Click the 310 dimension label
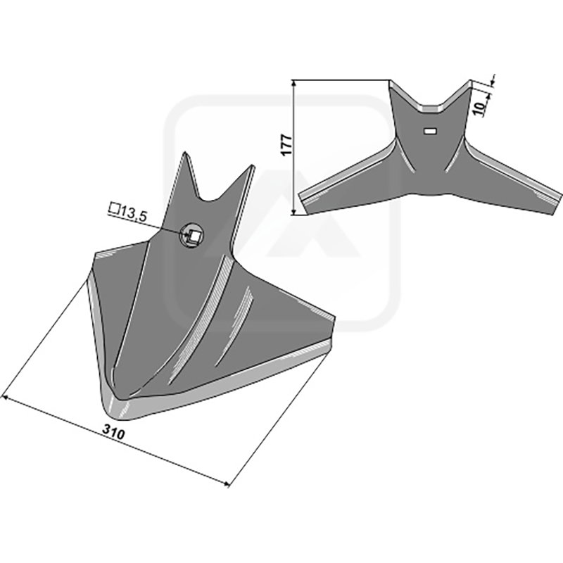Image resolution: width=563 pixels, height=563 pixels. pos(114,432)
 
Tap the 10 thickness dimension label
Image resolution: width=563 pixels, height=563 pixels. pos(480,107)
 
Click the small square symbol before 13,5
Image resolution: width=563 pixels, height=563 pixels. pos(114,208)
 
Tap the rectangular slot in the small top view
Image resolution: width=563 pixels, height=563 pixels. pos(430,131)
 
